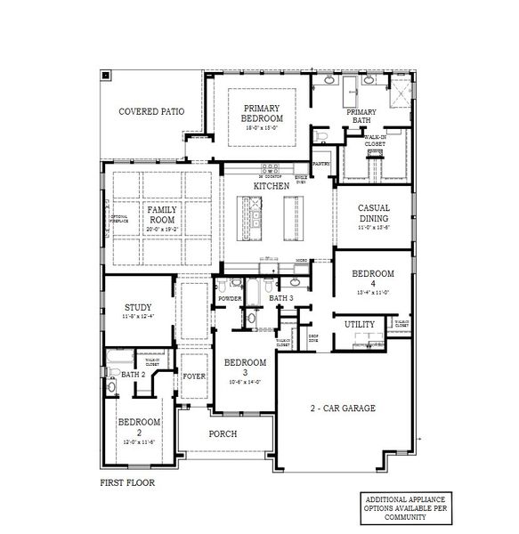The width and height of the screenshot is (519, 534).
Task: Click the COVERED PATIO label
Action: tap(151, 112)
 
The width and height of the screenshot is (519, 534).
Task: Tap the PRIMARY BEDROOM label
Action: tap(263, 113)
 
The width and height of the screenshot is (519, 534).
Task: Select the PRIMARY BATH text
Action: tap(362, 116)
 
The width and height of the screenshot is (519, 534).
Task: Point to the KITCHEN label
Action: tap(272, 186)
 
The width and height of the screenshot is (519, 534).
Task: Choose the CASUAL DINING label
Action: tap(373, 214)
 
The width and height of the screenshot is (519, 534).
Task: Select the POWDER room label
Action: tap(230, 298)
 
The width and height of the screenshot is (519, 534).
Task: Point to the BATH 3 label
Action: tap(281, 298)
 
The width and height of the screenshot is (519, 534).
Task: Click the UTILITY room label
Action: tap(360, 326)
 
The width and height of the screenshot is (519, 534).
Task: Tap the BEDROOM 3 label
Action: tap(245, 367)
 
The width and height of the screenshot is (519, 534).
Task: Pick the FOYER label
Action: tap(194, 376)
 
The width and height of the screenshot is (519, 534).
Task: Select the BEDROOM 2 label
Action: tap(139, 426)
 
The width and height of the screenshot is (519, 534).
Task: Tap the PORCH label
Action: tap(222, 435)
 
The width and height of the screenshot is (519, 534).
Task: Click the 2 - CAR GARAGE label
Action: tap(343, 409)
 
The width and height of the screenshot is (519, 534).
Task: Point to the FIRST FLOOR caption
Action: tap(127, 483)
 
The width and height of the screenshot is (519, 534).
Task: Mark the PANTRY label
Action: tap(320, 165)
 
